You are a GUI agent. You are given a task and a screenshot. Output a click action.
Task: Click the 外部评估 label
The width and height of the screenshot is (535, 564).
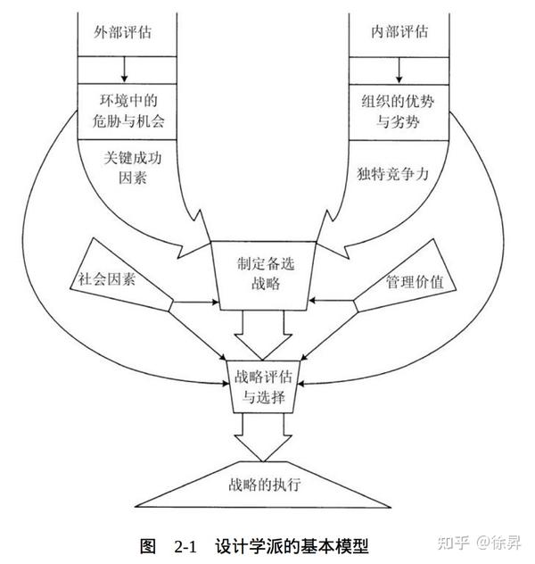[122, 32]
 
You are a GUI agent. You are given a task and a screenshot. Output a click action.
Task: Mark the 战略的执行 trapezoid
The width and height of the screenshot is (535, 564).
[259, 488]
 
